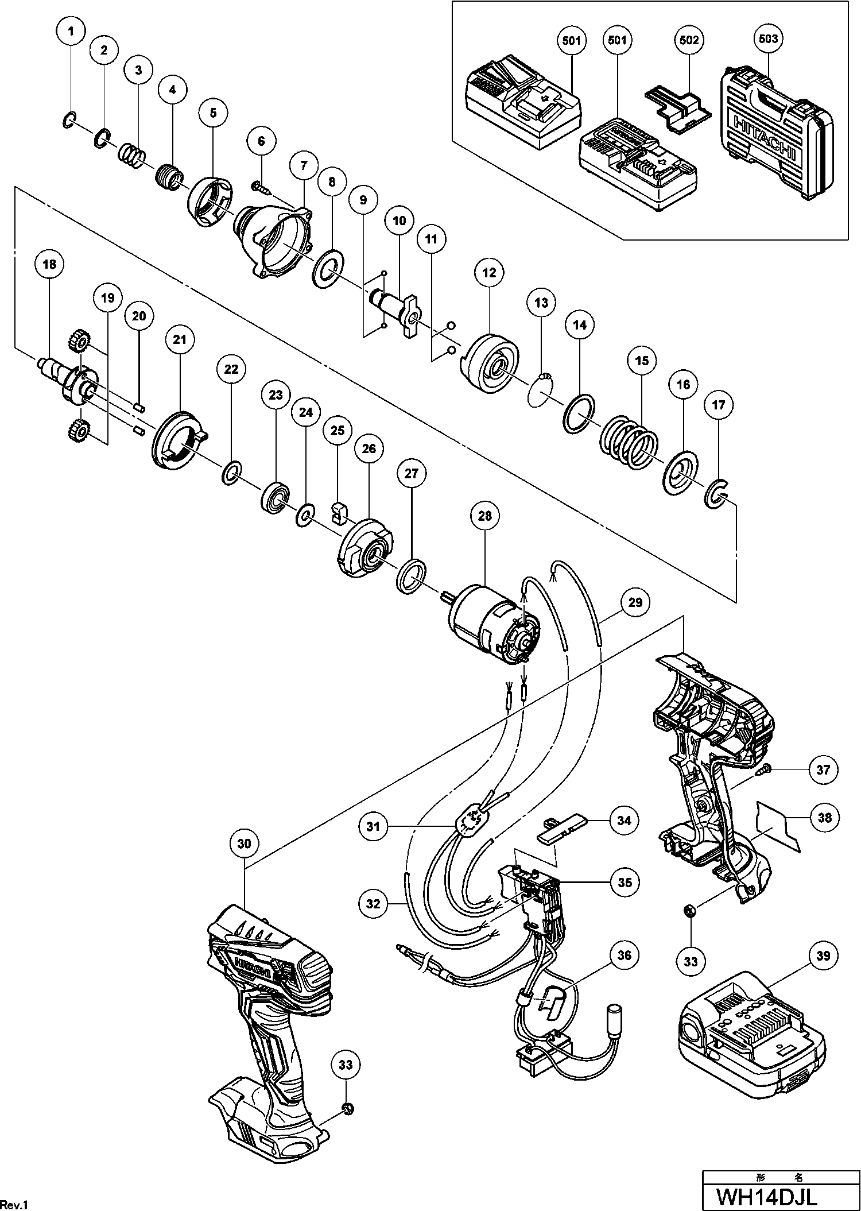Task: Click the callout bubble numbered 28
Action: [485, 516]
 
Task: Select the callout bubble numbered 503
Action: [768, 39]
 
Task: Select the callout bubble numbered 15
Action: [641, 361]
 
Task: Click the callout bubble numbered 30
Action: [245, 844]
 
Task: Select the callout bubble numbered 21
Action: [180, 339]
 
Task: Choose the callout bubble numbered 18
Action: [49, 264]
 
